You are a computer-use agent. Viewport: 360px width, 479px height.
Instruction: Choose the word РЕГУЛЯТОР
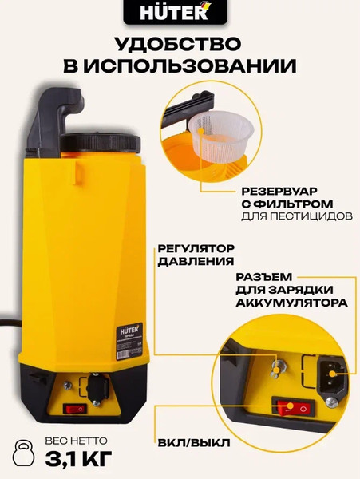coord(187,248)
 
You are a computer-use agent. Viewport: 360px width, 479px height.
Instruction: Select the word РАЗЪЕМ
coord(262,277)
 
